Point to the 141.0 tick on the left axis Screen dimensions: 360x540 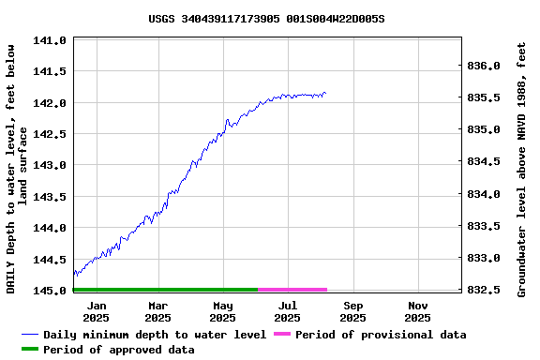click(49, 40)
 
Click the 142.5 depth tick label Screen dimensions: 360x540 click(49, 134)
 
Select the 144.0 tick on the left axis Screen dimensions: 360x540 click(49, 228)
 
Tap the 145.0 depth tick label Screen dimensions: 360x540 click(49, 291)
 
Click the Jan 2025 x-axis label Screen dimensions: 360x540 click(96, 311)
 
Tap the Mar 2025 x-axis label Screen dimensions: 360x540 click(157, 311)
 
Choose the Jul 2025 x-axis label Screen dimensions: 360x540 click(288, 311)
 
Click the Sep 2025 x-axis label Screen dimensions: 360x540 click(353, 311)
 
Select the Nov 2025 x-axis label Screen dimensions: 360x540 click(418, 311)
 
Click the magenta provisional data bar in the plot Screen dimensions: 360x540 click(292, 290)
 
